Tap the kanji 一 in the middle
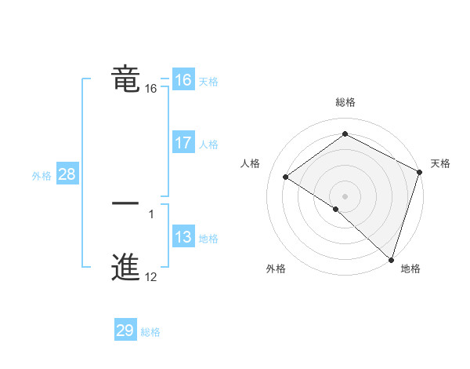[x=125, y=203]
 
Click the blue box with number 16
[x=183, y=80]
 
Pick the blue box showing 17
[x=183, y=143]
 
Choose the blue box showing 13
[x=183, y=237]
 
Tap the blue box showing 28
[x=67, y=174]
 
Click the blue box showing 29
[x=125, y=331]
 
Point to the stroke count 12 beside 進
[x=150, y=276]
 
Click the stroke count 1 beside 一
[x=150, y=214]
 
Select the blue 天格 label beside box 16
[x=208, y=82]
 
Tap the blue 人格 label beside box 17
[x=208, y=144]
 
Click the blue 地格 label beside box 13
[x=208, y=239]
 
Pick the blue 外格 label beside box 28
[x=42, y=176]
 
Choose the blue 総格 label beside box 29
[x=150, y=332]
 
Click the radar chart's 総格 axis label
[x=345, y=102]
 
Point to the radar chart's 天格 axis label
[x=440, y=163]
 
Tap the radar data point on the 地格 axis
[x=391, y=259]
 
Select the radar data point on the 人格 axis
[x=286, y=177]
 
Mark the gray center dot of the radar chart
[x=345, y=195]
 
